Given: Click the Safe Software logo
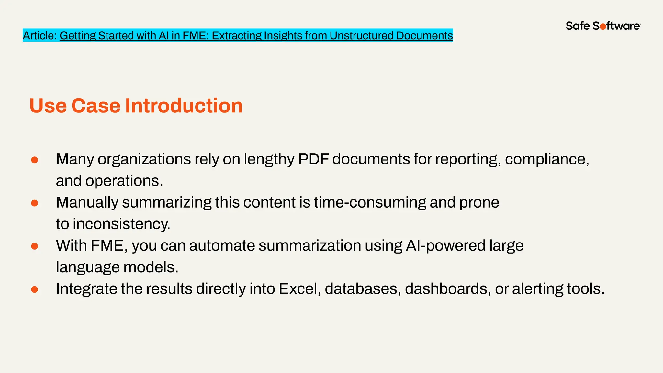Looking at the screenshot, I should (603, 26).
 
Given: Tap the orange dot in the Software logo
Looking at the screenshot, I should (603, 27).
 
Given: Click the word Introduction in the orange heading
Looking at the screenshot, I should (184, 106).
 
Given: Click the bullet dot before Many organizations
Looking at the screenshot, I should (35, 160).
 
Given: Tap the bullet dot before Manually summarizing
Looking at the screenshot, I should (35, 203).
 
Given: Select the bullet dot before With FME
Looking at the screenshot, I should (35, 246).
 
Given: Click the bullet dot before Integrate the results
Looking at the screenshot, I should (35, 289).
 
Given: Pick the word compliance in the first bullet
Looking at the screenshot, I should (547, 159).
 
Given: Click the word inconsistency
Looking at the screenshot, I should (121, 224).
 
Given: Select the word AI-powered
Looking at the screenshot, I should (445, 245).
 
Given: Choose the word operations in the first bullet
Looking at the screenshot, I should (124, 181).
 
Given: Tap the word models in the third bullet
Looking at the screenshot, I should (151, 267).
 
